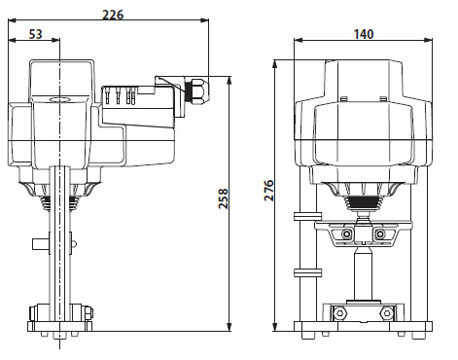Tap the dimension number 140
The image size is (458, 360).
pos(364,35)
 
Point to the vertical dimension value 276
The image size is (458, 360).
pos(269,191)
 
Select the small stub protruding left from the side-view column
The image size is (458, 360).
pos(38,241)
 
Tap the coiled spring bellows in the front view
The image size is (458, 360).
pos(366,202)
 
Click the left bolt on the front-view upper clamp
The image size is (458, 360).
pos(346,235)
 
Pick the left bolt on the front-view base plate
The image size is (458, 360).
pos(339,314)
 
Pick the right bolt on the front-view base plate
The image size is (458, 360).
pos(388,314)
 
